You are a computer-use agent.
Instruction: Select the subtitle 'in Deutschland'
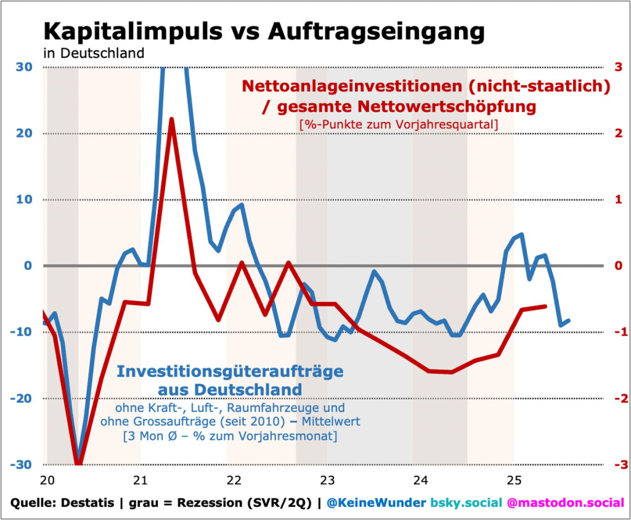[94, 53]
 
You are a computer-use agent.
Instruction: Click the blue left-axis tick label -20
[22, 399]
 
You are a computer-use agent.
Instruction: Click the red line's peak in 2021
[172, 120]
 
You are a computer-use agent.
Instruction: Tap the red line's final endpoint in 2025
[545, 306]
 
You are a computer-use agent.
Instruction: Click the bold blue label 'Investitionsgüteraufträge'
[230, 372]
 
